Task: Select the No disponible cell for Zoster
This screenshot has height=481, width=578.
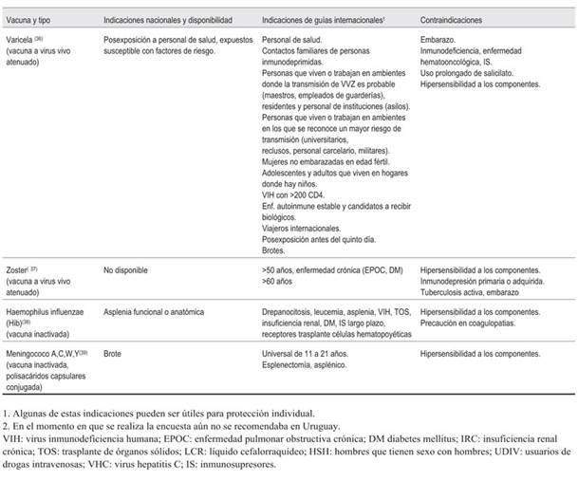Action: coord(126,269)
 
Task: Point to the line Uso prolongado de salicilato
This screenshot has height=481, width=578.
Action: coord(472,74)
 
